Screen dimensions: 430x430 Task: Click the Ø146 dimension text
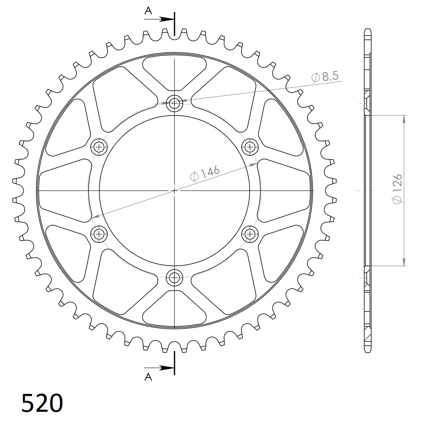(x=204, y=173)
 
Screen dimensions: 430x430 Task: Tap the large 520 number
(x=42, y=403)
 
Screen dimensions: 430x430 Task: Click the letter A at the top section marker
(x=148, y=11)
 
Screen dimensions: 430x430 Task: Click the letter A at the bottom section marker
(x=148, y=377)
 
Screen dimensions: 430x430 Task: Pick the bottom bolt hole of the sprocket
(x=175, y=277)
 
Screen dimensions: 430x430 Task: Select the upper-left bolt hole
(x=99, y=147)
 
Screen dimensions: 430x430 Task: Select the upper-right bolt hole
(x=250, y=147)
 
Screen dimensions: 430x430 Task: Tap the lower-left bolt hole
(x=99, y=233)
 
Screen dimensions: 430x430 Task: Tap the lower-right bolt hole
(x=250, y=233)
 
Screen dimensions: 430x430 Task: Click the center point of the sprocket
(x=175, y=190)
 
